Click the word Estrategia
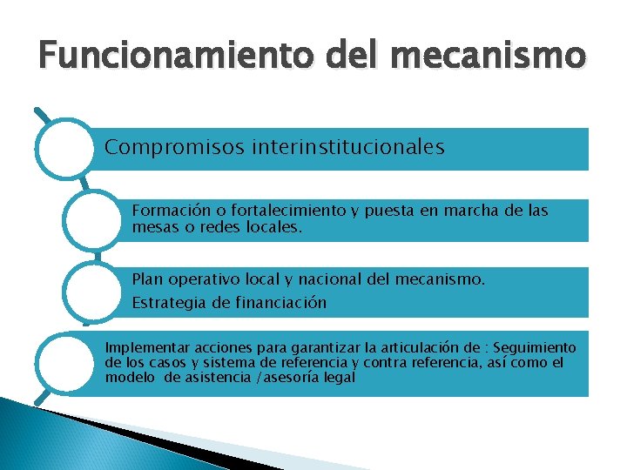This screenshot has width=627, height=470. pos(168,303)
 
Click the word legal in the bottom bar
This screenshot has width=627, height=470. pos(337,378)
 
